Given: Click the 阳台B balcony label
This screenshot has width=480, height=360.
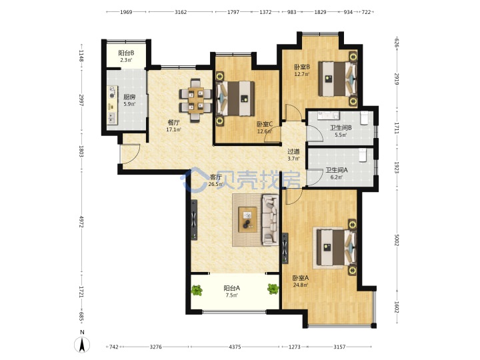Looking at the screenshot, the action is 126,53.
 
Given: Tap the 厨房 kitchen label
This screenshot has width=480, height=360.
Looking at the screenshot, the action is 129,97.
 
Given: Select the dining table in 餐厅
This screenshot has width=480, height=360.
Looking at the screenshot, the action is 196,101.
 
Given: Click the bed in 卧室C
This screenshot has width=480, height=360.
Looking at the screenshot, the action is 236,99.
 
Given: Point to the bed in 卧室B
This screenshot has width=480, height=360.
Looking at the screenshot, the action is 337,79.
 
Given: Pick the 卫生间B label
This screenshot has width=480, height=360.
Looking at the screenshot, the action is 341,127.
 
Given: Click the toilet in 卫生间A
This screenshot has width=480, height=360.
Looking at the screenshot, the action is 363,155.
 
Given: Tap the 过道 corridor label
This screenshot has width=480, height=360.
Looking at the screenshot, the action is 293,151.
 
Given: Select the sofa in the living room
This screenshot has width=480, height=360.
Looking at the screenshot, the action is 270,220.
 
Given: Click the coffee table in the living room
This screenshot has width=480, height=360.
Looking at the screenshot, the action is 247,219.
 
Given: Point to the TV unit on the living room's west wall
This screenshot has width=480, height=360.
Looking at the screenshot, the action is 194,220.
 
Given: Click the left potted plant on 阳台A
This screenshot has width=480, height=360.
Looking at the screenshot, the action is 197,290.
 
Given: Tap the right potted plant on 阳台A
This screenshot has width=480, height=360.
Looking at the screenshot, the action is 273,289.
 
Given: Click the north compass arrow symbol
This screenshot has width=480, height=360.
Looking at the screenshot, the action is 82,345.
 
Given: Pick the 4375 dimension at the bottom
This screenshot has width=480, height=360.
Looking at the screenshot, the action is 235,347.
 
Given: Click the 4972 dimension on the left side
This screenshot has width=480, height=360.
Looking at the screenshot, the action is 81,221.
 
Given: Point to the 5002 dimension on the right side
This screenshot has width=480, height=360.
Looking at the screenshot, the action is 397,240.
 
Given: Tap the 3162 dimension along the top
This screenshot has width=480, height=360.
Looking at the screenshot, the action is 181,12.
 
